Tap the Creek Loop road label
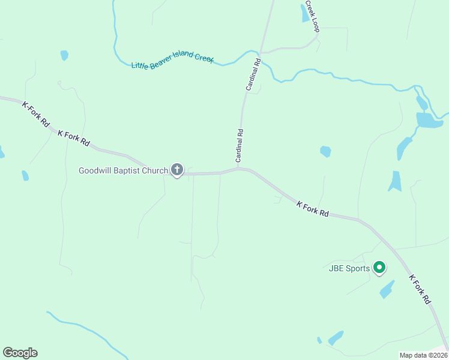311,16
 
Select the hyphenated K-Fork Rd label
35,114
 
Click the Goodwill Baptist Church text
124,170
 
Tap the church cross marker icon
177,170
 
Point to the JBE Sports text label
349,268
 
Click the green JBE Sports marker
379,267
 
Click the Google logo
20,353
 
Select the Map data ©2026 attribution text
423,355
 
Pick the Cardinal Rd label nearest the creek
253,74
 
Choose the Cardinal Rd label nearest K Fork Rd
240,146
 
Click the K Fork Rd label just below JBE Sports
421,289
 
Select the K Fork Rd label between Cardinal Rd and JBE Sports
313,209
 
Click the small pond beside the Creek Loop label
305,13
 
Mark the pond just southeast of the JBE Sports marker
387,289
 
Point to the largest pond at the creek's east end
429,121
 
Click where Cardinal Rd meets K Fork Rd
238,169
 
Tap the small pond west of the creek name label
64,55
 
